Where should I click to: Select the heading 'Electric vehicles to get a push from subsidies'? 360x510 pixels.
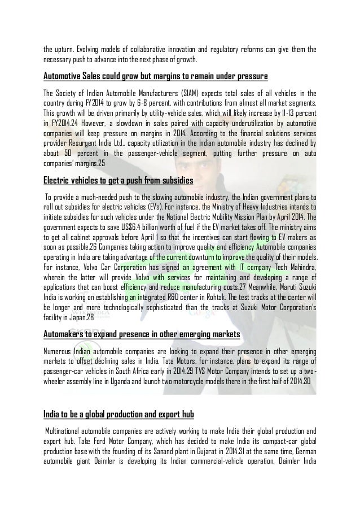pos(118,181)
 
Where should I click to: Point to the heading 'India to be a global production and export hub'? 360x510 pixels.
pos(118,400)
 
